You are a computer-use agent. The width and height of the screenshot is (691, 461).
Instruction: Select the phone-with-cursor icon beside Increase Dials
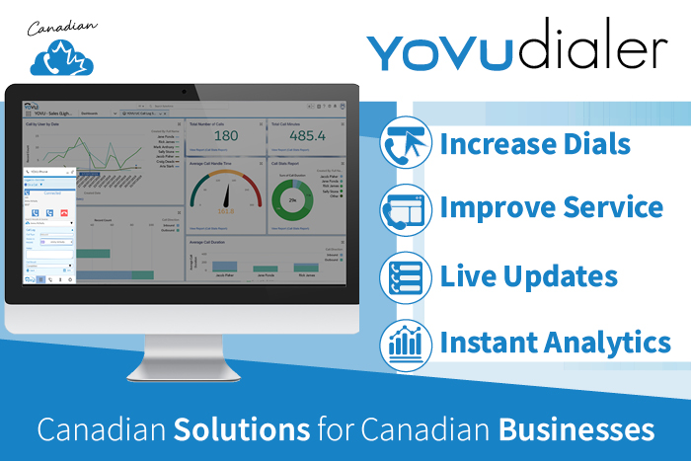click(x=404, y=144)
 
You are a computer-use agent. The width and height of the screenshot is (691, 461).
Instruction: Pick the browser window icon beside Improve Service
click(x=404, y=208)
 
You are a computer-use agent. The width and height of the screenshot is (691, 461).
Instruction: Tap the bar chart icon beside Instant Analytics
click(x=404, y=343)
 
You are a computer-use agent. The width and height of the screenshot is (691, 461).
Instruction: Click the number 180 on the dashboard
click(x=226, y=136)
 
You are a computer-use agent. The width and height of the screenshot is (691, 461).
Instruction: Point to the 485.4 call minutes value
click(x=306, y=136)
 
